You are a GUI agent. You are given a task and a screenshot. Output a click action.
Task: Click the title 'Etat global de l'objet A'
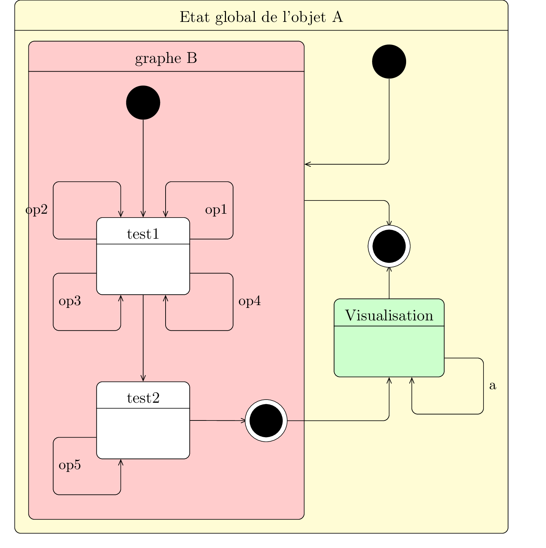261,17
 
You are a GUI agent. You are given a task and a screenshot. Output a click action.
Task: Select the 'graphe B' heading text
166,58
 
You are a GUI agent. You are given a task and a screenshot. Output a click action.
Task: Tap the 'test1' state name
143,234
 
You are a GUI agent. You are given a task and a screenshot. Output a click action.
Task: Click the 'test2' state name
143,398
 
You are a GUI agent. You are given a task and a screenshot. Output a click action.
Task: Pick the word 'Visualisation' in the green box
389,316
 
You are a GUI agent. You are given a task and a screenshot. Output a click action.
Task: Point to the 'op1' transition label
216,210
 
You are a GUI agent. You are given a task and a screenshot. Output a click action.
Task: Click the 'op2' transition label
36,210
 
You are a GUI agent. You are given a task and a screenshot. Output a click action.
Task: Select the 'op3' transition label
70,301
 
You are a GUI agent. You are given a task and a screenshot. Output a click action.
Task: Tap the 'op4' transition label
249,301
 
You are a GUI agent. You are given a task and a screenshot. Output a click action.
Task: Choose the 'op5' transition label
70,465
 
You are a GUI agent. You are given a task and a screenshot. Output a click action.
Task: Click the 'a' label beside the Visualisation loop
493,386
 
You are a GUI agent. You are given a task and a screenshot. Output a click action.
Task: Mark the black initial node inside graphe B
143,103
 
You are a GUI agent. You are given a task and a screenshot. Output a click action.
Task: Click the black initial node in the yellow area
389,62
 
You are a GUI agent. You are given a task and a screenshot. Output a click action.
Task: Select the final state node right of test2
266,421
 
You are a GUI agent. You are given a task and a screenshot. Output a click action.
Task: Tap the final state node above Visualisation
389,246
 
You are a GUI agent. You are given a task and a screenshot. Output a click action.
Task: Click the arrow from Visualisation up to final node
389,283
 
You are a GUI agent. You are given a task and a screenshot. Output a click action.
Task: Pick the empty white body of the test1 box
143,269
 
